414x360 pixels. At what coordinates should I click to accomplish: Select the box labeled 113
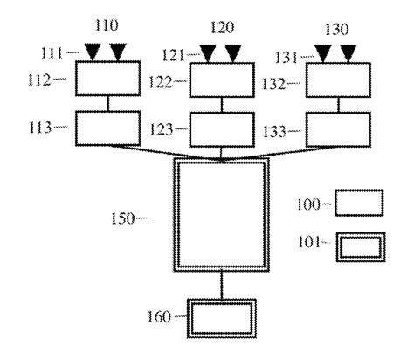pyautogui.click(x=106, y=129)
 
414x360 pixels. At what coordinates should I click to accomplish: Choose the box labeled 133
pyautogui.click(x=335, y=129)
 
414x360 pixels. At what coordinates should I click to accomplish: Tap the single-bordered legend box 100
pyautogui.click(x=359, y=203)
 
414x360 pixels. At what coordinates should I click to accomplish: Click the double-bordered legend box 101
pyautogui.click(x=359, y=246)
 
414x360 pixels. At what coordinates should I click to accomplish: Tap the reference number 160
pyautogui.click(x=157, y=315)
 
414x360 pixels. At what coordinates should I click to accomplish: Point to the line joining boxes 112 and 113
pyautogui.click(x=106, y=106)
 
